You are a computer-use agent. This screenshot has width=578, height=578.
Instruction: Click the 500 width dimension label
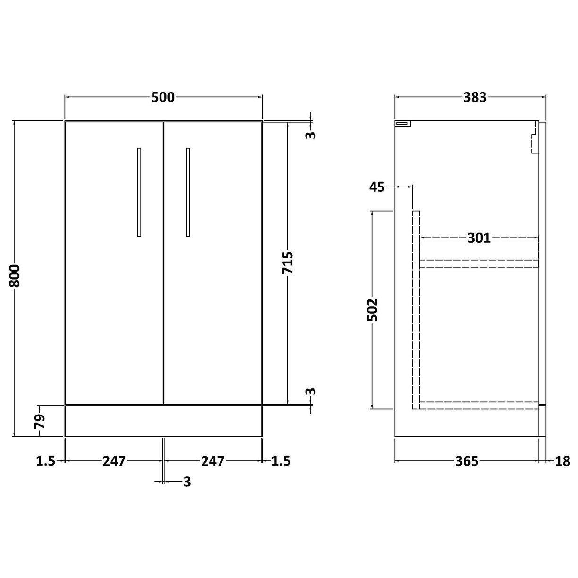[x=163, y=97]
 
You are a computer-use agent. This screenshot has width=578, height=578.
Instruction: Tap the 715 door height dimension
[x=288, y=263]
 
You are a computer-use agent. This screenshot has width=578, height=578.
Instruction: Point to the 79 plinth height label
[x=41, y=420]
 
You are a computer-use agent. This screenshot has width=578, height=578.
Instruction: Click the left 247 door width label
[x=114, y=460]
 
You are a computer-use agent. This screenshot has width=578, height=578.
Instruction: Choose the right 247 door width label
[x=212, y=460]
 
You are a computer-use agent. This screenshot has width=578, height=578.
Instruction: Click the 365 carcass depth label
[x=467, y=461]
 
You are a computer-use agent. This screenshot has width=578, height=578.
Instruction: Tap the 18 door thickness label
[x=563, y=461]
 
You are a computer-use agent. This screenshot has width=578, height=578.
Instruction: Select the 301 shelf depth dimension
[x=479, y=238]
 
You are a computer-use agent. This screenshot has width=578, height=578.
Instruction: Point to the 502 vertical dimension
[x=373, y=309]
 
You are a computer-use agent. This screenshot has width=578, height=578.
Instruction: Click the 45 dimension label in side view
[x=377, y=187]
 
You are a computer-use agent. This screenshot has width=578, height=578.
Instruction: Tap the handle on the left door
[x=139, y=192]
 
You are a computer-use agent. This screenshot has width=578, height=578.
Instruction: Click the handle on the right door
[x=188, y=192]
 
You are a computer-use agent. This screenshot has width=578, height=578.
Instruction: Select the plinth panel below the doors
[x=163, y=421]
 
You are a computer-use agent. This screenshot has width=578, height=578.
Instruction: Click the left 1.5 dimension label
[x=46, y=460]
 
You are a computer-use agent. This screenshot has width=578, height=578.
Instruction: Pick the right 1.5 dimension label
[x=281, y=460]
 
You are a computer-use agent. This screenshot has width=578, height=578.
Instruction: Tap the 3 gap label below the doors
[x=187, y=482]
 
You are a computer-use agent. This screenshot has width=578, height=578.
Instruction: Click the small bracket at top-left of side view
[x=403, y=124]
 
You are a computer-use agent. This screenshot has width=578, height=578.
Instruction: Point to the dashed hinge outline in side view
[x=535, y=138]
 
